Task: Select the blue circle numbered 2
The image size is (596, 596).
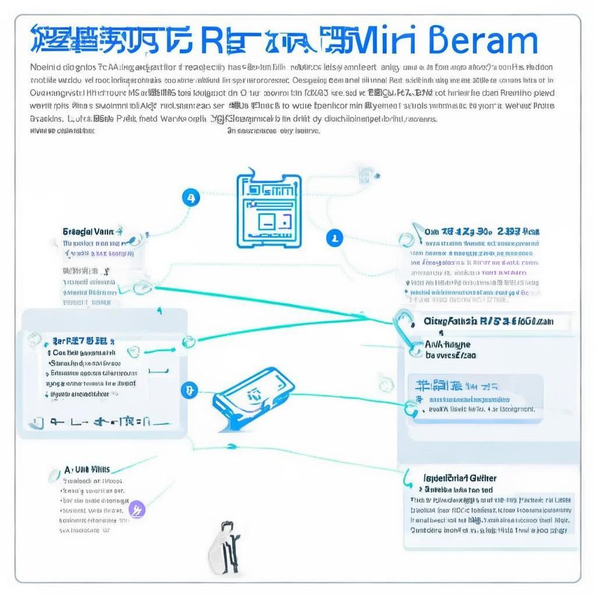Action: tap(334, 237)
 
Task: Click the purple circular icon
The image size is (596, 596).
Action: tap(137, 510)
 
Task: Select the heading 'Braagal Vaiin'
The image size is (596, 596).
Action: tap(92, 231)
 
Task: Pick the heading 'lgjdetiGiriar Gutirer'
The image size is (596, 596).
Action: tap(460, 478)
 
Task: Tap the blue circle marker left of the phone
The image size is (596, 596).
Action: tap(189, 389)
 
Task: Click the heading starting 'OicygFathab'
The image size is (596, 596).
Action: tap(488, 321)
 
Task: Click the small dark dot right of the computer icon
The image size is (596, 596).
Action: tap(378, 175)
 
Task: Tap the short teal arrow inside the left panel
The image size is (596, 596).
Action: tap(158, 350)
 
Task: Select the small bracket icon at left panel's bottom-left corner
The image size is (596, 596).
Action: tap(38, 422)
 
